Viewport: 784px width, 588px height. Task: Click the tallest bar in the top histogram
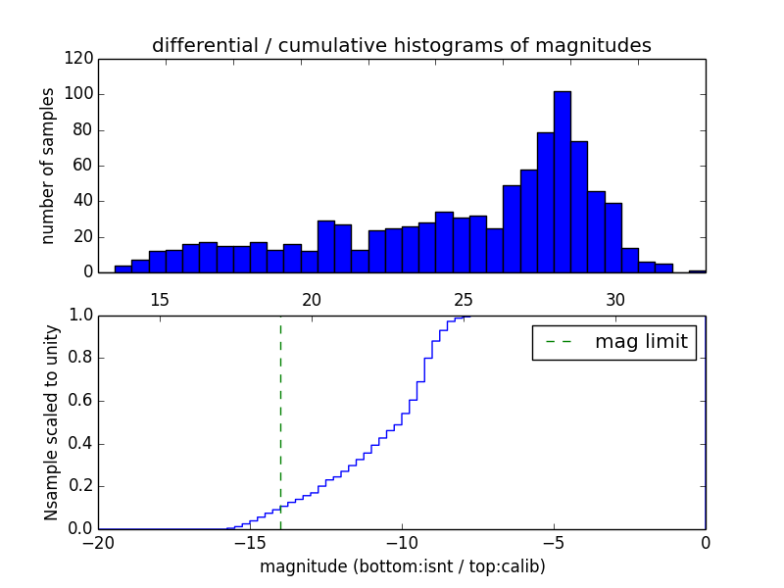(562, 182)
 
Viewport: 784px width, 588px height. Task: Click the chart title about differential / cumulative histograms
(401, 45)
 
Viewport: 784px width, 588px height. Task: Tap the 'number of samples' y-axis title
(48, 166)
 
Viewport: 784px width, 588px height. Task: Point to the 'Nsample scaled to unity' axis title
(51, 422)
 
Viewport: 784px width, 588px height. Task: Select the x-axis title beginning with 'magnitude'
(402, 566)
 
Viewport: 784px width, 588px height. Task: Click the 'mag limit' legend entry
(613, 342)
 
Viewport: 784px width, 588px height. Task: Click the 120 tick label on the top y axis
(81, 59)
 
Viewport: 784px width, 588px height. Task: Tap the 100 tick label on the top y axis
(81, 94)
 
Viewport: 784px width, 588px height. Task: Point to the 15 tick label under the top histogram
(159, 299)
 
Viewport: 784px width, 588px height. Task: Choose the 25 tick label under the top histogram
(464, 299)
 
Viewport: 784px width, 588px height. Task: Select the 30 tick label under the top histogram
(615, 299)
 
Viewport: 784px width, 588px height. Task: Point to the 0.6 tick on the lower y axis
(79, 401)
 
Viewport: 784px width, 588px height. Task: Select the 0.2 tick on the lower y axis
(79, 486)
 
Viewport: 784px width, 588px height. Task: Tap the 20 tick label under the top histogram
(312, 299)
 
